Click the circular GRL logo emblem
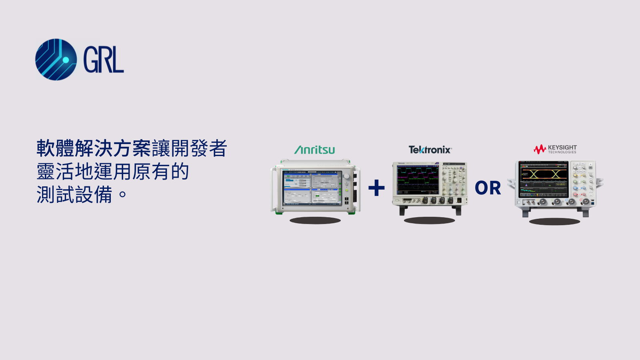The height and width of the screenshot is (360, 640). [x=56, y=60]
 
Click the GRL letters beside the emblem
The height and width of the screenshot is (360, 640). [x=103, y=60]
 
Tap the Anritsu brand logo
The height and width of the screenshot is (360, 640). [x=315, y=150]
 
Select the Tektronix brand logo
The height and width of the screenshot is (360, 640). [x=430, y=150]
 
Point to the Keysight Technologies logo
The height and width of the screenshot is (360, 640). [x=555, y=149]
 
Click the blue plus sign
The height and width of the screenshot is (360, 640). [x=376, y=188]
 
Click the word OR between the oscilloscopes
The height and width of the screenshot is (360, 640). [x=488, y=188]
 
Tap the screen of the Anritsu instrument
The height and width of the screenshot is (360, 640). [x=311, y=188]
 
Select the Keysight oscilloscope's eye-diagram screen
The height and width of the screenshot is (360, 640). [x=544, y=179]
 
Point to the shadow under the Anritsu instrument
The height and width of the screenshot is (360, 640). [x=315, y=220]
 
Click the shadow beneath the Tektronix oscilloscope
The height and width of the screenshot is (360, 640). [x=429, y=220]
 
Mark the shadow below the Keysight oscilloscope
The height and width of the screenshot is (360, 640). [x=554, y=222]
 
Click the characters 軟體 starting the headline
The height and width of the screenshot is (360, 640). [x=55, y=148]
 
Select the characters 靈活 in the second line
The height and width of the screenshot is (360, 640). [x=55, y=172]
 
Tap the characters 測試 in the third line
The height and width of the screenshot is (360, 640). [x=55, y=195]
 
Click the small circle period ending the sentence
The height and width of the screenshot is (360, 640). [x=122, y=195]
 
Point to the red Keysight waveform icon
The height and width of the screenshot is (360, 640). [x=540, y=149]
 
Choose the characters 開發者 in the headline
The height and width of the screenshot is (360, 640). [x=199, y=148]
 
